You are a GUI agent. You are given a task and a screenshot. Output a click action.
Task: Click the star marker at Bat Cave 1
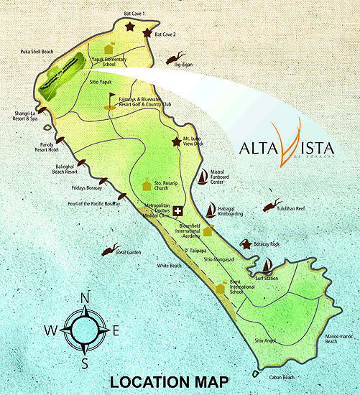(130, 27)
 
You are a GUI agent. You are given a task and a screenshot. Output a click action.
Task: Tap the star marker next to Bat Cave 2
(147, 33)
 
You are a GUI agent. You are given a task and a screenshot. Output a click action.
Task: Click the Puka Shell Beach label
(38, 52)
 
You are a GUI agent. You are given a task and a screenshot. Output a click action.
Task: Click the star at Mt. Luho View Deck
(176, 141)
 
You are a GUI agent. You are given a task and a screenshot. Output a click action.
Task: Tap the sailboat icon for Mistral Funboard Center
(203, 176)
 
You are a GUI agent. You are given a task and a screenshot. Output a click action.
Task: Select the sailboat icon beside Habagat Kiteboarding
(210, 210)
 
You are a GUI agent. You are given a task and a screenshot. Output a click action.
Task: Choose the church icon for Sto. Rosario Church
(147, 185)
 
